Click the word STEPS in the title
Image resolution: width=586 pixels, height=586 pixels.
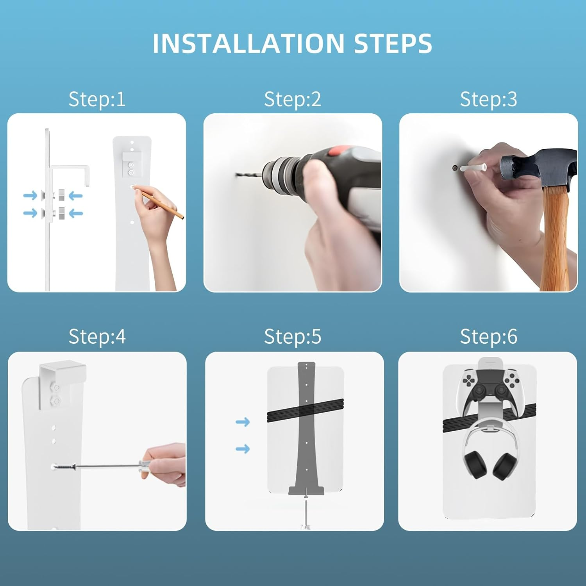click(393, 43)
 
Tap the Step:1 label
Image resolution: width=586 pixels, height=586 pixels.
click(97, 99)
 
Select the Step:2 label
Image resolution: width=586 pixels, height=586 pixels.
click(293, 99)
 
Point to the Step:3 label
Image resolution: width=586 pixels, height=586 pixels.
click(488, 99)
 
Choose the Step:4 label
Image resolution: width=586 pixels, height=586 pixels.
click(97, 336)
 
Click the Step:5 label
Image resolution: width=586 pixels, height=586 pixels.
click(293, 336)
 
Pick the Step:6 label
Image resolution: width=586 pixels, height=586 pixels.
click(488, 336)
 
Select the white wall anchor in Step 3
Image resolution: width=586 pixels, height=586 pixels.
click(473, 168)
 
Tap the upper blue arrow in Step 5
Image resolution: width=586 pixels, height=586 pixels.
click(243, 422)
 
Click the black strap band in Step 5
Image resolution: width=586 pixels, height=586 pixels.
click(305, 410)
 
